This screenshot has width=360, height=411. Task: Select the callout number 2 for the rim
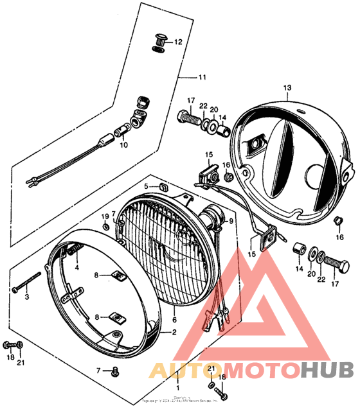(173, 333)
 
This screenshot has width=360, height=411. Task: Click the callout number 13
(287, 87)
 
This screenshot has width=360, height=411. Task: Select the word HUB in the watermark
(328, 371)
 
